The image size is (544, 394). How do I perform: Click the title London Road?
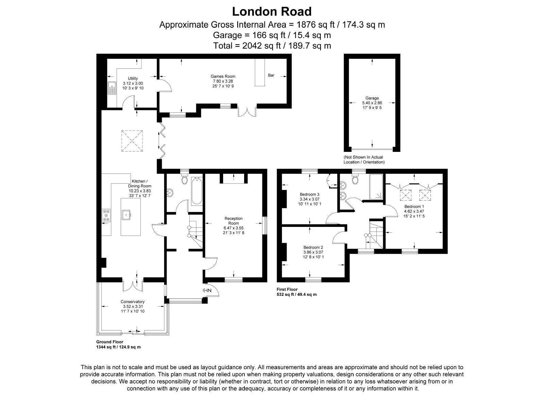pyautogui.click(x=272, y=12)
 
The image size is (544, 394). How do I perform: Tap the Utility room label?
pyautogui.click(x=133, y=78)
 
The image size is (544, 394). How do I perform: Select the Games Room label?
pyautogui.click(x=223, y=76)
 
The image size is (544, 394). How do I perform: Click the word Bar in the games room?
pyautogui.click(x=271, y=75)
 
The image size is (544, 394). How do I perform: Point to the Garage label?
pyautogui.click(x=372, y=98)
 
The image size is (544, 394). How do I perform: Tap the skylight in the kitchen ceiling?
pyautogui.click(x=132, y=141)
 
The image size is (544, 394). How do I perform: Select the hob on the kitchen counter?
pyautogui.click(x=106, y=215)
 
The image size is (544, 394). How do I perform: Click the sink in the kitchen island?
pyautogui.click(x=126, y=215)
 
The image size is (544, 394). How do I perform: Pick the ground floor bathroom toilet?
pyautogui.click(x=185, y=179)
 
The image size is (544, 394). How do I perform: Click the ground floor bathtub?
pyautogui.click(x=197, y=191)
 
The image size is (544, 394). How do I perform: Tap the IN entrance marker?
pyautogui.click(x=207, y=290)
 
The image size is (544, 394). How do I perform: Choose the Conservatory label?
pyautogui.click(x=133, y=302)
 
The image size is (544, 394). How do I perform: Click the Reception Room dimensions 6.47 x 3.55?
pyautogui.click(x=234, y=228)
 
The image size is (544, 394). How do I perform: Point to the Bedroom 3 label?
pyautogui.click(x=309, y=194)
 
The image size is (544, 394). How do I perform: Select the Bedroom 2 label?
pyautogui.click(x=313, y=248)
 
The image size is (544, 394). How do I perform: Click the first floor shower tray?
pyautogui.click(x=376, y=186)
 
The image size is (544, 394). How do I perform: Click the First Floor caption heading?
pyautogui.click(x=287, y=289)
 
